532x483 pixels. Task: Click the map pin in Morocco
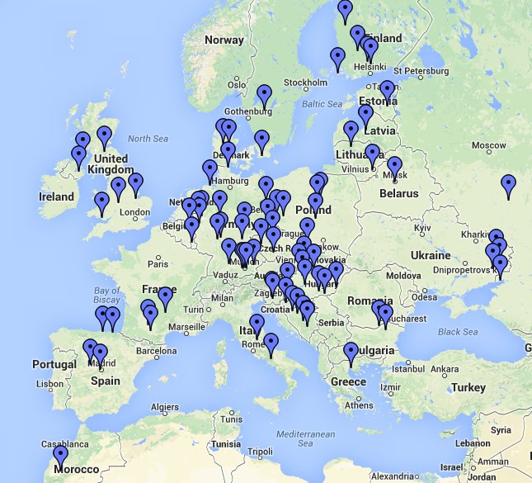[60, 457]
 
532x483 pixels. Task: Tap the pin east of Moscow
[509, 186]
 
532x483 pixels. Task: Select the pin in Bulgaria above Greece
[351, 353]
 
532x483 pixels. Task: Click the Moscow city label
[488, 145]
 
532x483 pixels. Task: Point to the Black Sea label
[458, 332]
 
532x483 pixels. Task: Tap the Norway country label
[224, 40]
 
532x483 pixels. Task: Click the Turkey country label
[468, 387]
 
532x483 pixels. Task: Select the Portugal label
[54, 364]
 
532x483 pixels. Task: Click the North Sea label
[148, 139]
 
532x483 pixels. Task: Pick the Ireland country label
[57, 197]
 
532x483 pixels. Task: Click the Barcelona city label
[157, 351]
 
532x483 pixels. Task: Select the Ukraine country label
[430, 255]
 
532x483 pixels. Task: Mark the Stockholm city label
[305, 83]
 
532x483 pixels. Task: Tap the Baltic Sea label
[322, 104]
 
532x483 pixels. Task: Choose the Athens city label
[360, 405]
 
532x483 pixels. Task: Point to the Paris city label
[158, 263]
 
